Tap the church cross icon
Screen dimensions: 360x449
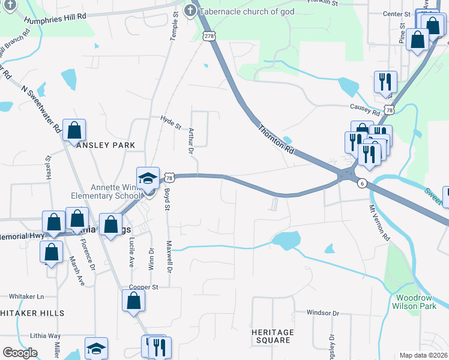click(190, 10)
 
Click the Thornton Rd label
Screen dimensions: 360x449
click(277, 140)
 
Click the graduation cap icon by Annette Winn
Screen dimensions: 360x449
click(148, 178)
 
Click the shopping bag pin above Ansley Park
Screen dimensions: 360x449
click(74, 130)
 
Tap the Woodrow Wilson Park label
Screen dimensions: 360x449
click(414, 301)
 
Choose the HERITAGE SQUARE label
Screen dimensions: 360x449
click(273, 336)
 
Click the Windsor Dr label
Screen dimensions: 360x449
click(323, 313)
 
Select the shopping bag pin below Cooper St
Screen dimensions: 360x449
click(133, 301)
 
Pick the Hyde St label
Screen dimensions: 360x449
click(171, 122)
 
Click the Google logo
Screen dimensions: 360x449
click(20, 353)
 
